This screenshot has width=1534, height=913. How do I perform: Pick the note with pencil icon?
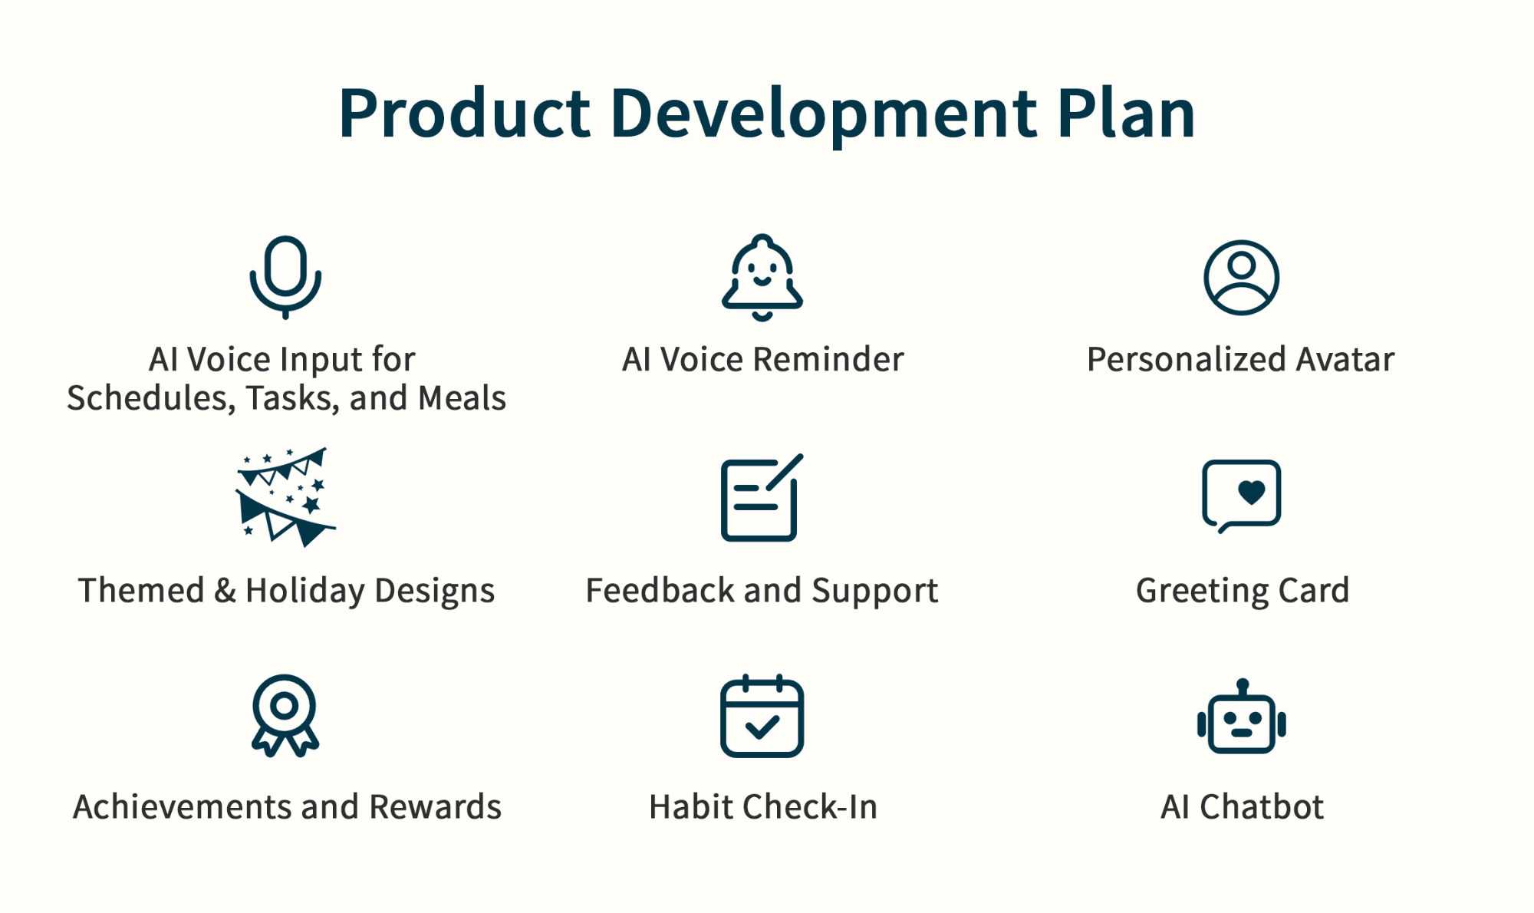725,499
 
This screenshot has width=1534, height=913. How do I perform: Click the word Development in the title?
824,114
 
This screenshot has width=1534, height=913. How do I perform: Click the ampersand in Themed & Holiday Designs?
225,590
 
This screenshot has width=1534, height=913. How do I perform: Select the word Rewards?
435,807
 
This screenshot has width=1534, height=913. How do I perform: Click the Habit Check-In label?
763,807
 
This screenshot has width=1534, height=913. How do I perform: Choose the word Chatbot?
1262,807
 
